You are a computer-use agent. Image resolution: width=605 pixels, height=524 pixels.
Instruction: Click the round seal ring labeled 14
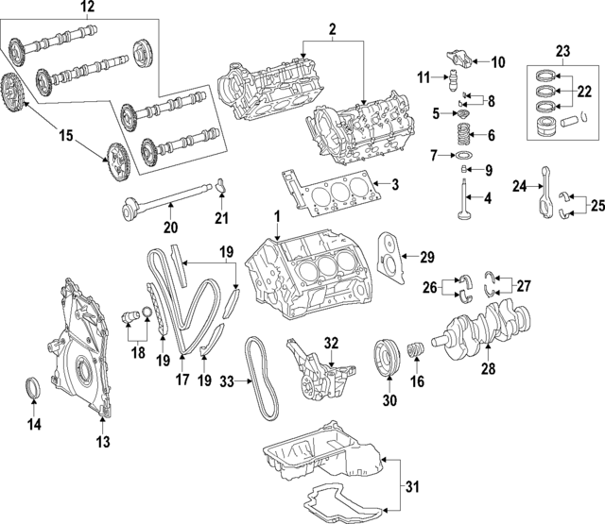click(33, 389)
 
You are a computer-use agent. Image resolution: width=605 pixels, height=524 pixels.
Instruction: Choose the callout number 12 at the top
click(87, 8)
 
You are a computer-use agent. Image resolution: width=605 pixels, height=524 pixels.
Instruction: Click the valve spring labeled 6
click(462, 132)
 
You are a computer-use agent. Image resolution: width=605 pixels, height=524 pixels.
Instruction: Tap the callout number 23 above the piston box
click(563, 51)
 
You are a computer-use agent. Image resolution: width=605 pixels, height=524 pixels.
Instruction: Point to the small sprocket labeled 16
click(413, 358)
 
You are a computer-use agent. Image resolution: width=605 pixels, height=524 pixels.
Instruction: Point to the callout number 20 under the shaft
click(169, 227)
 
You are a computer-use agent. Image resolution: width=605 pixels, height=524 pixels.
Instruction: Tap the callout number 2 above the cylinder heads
click(333, 29)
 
